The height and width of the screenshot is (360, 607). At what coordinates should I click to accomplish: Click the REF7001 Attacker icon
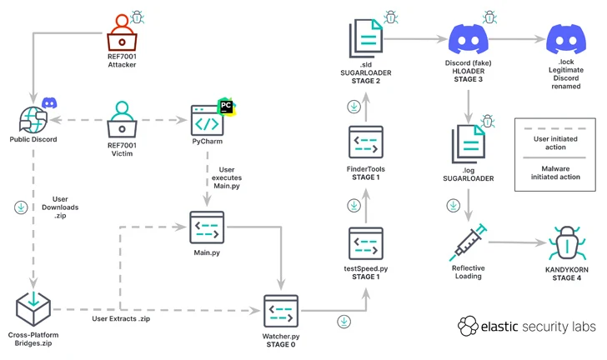click(x=122, y=32)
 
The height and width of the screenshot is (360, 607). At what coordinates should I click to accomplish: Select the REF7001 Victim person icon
click(x=122, y=118)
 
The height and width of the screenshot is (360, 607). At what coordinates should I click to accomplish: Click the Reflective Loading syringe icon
click(x=470, y=242)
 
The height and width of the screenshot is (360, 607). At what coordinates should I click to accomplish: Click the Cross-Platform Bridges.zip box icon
click(x=34, y=308)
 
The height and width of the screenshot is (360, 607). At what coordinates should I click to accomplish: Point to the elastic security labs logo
click(x=526, y=326)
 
